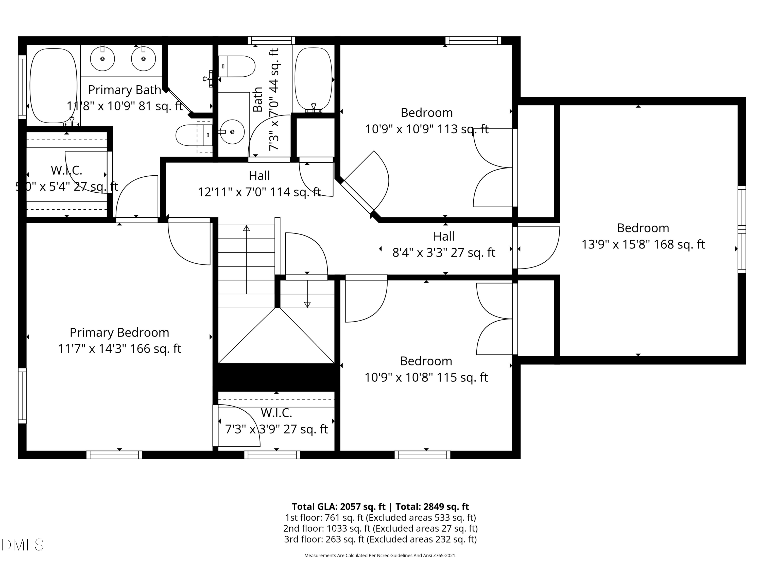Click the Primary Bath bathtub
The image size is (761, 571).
click(53, 85)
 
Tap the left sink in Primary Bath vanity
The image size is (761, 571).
click(102, 59)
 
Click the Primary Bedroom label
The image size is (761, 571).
click(119, 332)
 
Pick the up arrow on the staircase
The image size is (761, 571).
click(246, 228)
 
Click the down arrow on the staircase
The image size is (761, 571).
click(307, 305)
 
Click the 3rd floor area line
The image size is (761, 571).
click(380, 539)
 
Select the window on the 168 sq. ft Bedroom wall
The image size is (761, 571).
click(742, 229)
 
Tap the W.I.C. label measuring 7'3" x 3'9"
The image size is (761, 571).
click(276, 413)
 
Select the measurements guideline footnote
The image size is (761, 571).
click(380, 556)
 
